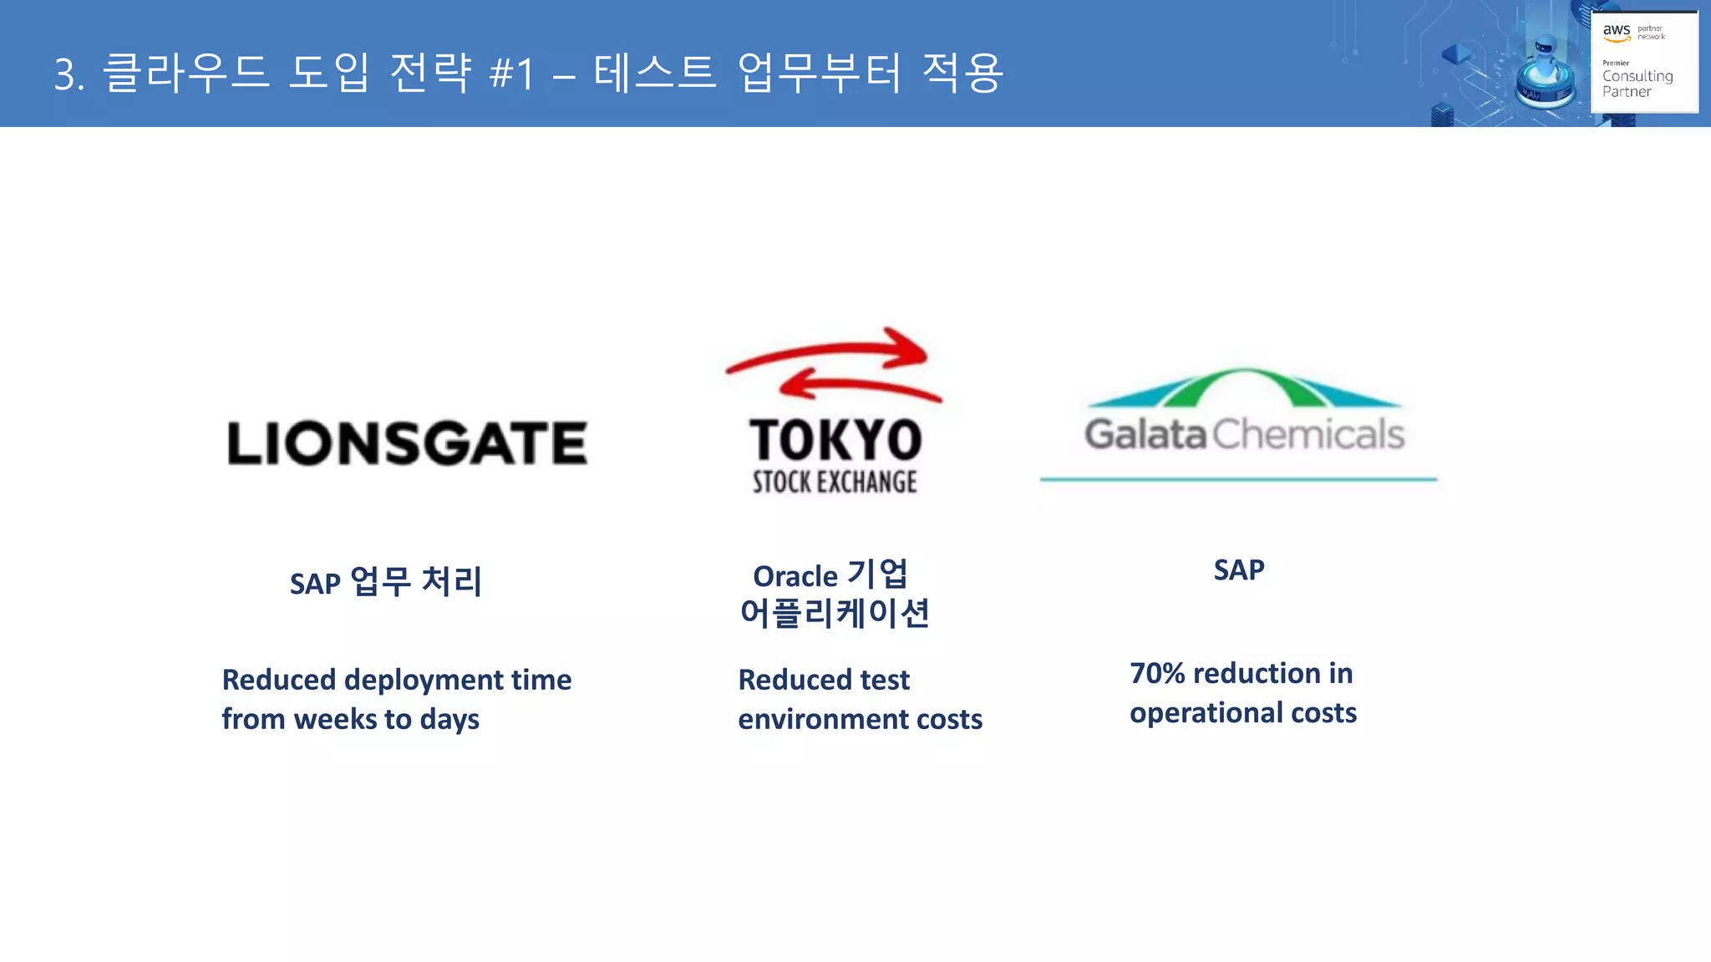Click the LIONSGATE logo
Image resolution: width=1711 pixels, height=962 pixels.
click(x=407, y=443)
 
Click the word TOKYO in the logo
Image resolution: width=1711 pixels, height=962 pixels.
click(x=835, y=440)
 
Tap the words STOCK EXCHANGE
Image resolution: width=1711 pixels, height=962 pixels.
click(x=835, y=482)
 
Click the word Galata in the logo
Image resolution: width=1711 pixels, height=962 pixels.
click(x=1145, y=434)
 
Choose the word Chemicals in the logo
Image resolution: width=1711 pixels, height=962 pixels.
click(x=1308, y=434)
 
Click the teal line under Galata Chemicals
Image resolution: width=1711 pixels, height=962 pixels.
click(x=1238, y=479)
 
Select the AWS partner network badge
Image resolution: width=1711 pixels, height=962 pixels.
click(x=1644, y=62)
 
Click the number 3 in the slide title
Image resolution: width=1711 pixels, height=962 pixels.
click(x=66, y=74)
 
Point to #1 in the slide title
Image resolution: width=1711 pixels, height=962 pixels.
click(x=511, y=73)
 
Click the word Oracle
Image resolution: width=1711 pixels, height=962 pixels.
click(x=795, y=576)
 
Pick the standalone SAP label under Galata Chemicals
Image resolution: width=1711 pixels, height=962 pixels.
click(x=1239, y=570)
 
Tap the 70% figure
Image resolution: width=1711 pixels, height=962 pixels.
click(x=1157, y=673)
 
